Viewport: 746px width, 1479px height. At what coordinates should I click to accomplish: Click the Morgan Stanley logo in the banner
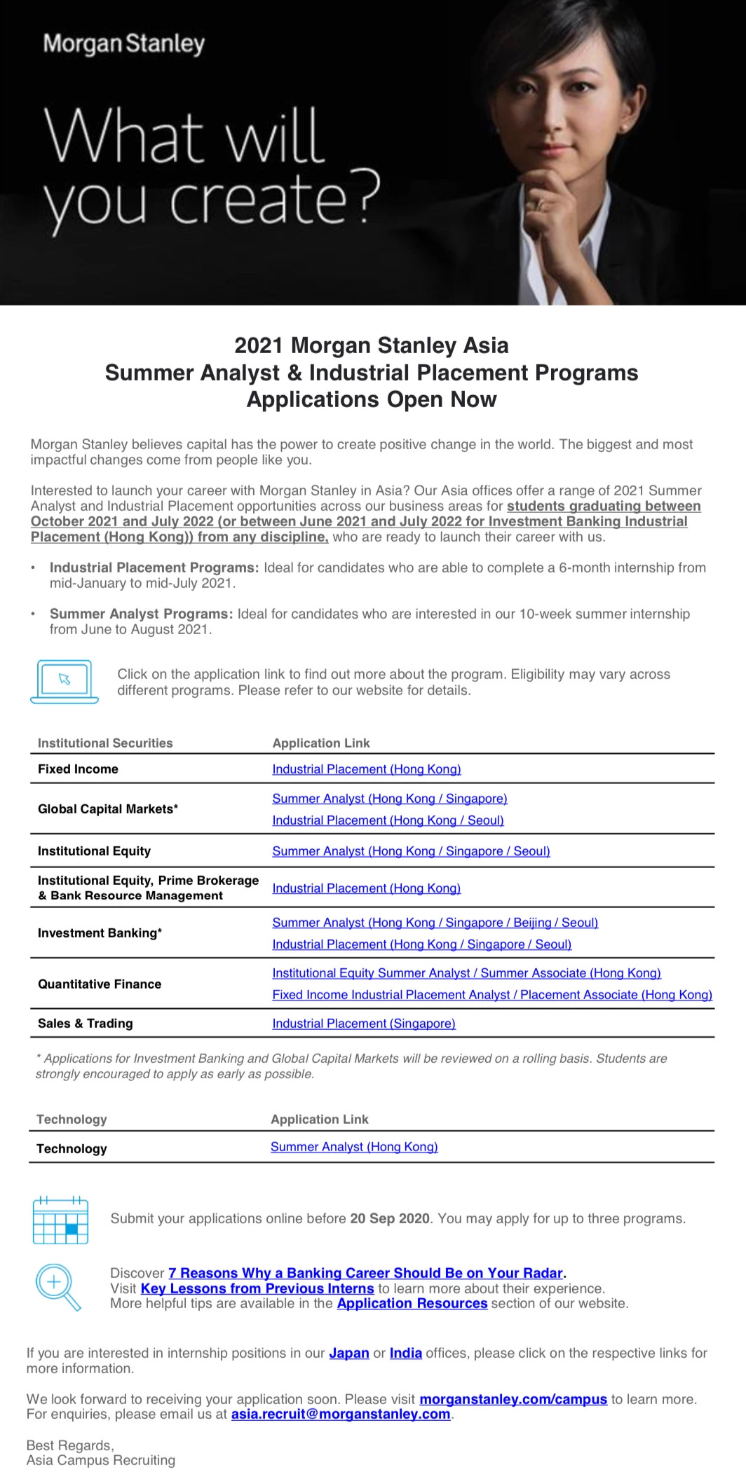124,44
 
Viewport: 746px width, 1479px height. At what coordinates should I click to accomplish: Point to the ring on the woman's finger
539,205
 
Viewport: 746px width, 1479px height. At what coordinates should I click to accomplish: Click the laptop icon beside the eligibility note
65,681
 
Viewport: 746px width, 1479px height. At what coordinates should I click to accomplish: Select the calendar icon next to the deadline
61,1220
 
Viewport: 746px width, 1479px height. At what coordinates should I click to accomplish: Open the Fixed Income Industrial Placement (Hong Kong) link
367,769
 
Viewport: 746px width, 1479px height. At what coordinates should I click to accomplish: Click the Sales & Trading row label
86,1024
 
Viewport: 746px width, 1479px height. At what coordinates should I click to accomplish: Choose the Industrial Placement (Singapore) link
364,1024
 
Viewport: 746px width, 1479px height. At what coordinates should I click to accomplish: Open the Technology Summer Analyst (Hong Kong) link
354,1147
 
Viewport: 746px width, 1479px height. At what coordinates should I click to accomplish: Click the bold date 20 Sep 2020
390,1218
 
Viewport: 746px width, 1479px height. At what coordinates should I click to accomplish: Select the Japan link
349,1353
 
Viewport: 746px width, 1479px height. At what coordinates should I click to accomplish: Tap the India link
406,1353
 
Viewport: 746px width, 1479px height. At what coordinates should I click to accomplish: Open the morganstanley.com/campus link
513,1399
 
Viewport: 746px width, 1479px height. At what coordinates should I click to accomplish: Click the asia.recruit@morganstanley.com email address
341,1414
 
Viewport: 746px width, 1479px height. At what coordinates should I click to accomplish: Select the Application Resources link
412,1303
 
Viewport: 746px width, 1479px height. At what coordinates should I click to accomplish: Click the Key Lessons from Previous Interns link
257,1288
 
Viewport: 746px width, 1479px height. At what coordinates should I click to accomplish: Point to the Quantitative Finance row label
100,984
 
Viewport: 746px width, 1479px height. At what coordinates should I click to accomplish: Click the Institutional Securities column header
105,743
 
